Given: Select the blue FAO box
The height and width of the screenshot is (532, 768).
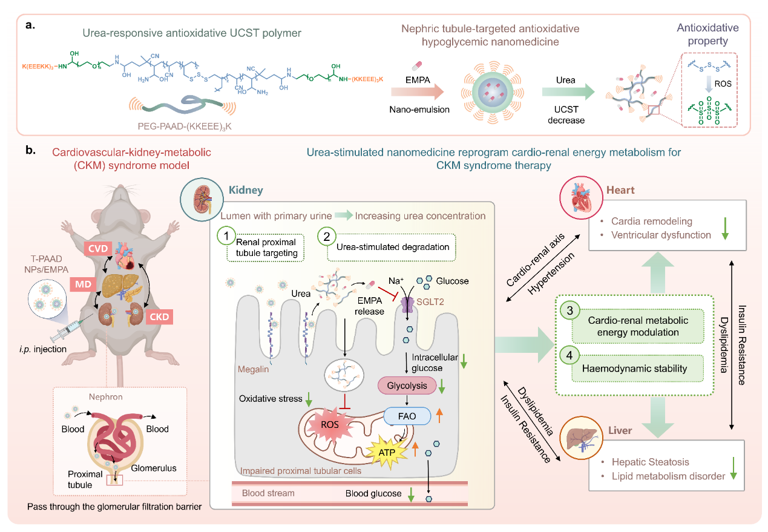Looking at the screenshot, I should coord(407,415).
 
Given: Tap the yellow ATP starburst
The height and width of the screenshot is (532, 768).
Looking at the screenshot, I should coord(392,452).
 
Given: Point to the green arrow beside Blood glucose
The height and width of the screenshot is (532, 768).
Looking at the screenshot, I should coord(412,494).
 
